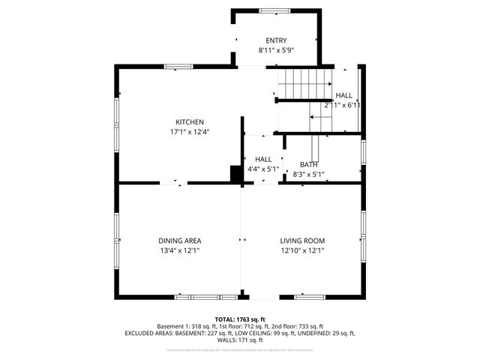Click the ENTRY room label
coord(276,40)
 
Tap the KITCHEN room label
coord(190,122)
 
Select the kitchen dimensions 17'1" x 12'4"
coord(190,132)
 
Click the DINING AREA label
coord(179,241)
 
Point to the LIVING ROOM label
coord(302,241)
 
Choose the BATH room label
coord(309,164)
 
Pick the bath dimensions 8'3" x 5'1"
coord(309,174)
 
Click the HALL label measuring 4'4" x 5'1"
coord(263,160)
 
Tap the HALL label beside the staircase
coord(343,96)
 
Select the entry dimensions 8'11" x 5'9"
coord(276,50)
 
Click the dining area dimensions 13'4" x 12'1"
coord(179,250)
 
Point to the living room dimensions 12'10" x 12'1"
coord(302,250)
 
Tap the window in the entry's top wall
coord(275,10)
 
